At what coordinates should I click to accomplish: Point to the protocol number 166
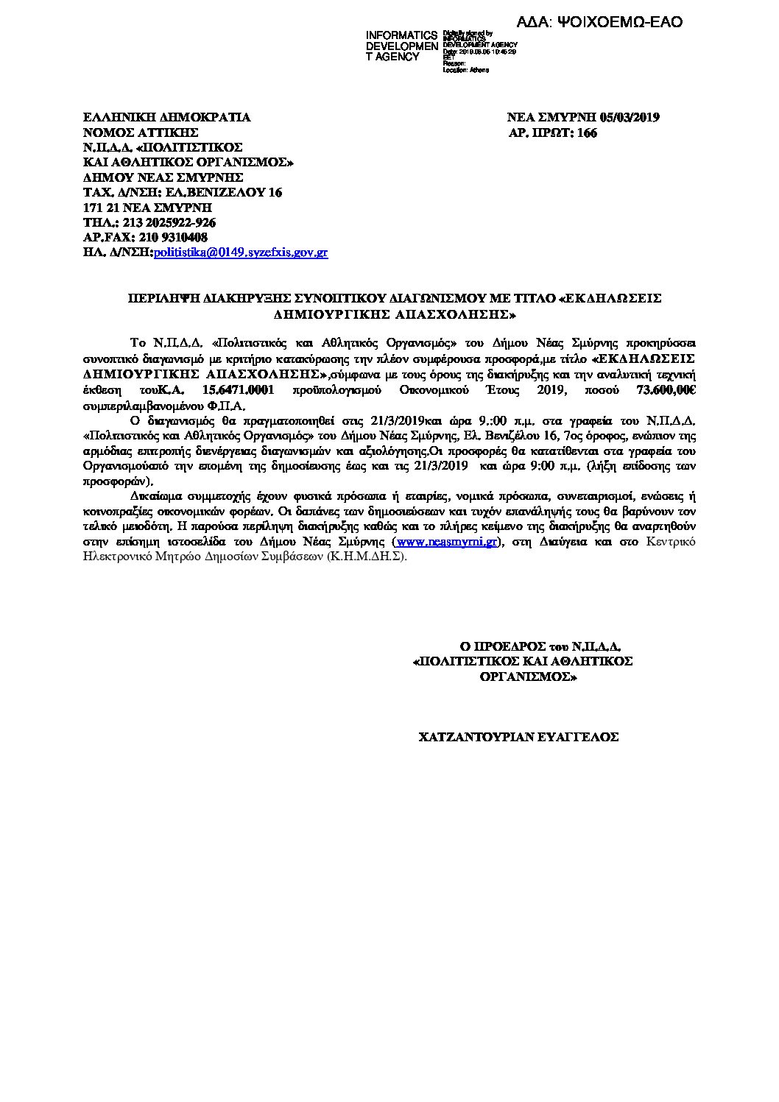point(587,133)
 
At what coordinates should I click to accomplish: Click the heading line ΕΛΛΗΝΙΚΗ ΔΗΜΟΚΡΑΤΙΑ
point(166,117)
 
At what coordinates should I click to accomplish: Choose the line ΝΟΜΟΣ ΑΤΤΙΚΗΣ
point(141,133)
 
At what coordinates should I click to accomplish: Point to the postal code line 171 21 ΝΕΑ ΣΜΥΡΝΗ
point(147,208)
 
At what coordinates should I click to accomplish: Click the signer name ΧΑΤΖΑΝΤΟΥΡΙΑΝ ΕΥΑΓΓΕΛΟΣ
point(518,735)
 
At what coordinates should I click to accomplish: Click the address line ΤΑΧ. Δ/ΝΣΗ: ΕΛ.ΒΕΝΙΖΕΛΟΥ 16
point(182,192)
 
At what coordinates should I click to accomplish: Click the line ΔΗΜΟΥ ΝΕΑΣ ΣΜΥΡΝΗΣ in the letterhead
point(163,177)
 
